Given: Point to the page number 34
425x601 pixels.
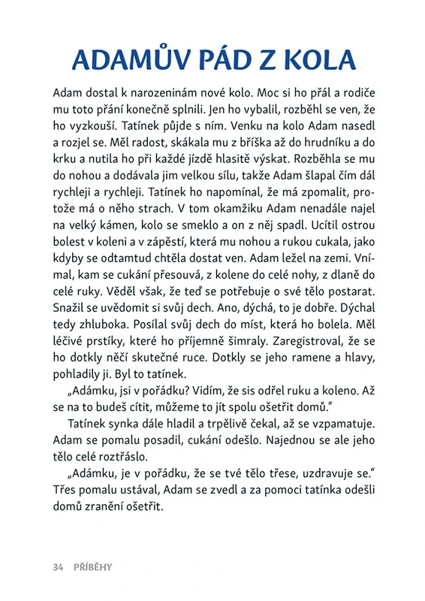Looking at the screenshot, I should coord(59,567).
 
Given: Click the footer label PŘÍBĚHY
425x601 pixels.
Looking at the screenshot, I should coord(93,567).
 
